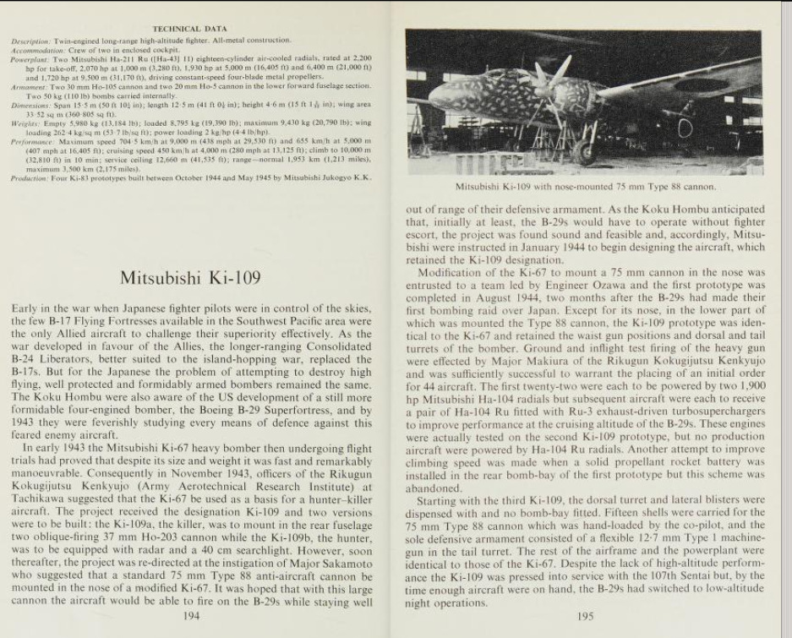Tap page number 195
[585, 615]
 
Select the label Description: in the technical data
[31, 40]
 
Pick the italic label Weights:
[26, 123]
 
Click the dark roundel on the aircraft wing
[701, 85]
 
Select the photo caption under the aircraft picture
[585, 187]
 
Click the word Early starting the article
[27, 309]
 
